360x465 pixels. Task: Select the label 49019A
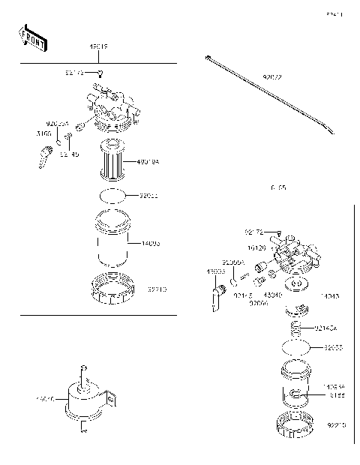148,161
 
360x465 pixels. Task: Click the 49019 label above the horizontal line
99,47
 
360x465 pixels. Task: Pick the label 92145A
326,328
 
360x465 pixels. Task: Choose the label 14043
329,297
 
